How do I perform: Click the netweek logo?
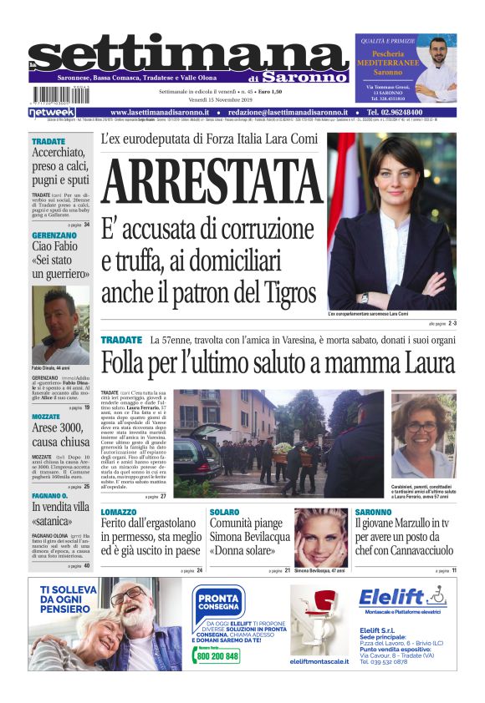(52, 112)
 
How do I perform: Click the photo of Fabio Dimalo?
(60, 326)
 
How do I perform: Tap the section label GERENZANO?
(54, 236)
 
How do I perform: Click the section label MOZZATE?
(46, 416)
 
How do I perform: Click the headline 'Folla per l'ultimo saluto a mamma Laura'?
(278, 364)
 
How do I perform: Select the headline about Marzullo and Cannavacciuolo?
(405, 536)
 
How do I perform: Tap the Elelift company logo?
(402, 598)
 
